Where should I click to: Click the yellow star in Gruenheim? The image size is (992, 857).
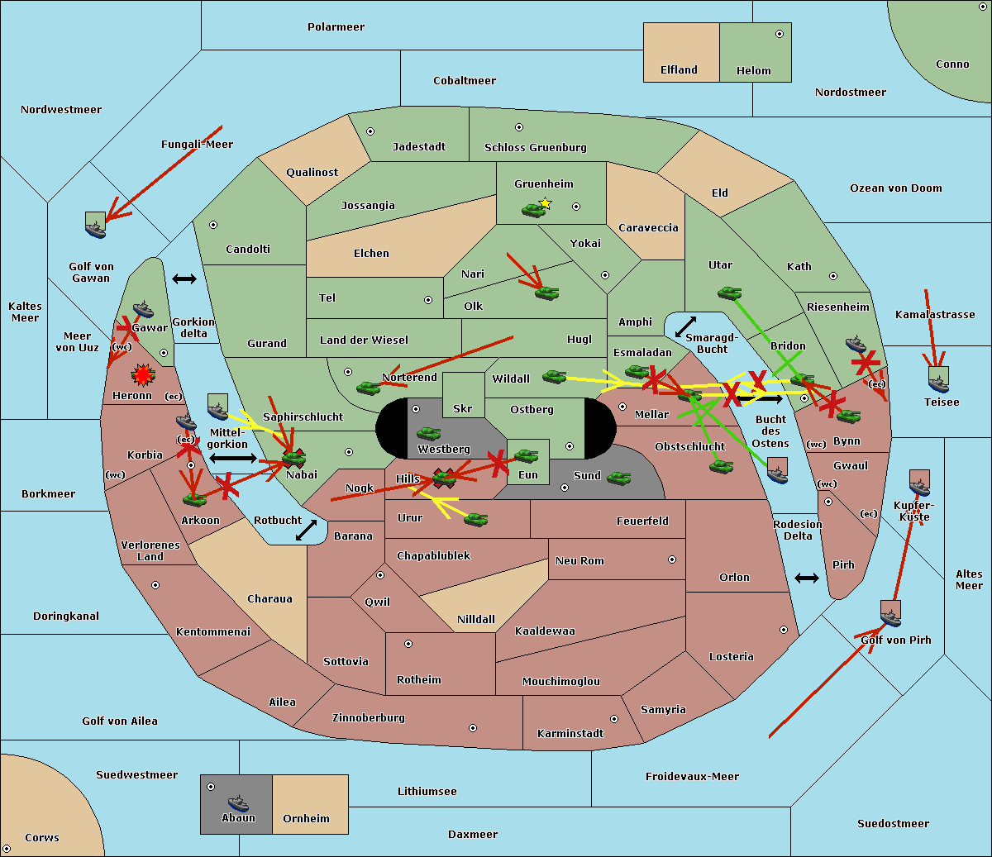point(545,202)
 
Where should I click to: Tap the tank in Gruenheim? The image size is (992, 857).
point(533,211)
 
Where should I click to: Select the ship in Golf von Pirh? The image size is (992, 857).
point(890,616)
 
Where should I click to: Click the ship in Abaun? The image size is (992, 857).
point(238,802)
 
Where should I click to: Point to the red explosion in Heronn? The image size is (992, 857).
point(143,376)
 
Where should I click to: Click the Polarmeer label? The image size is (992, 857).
point(336,27)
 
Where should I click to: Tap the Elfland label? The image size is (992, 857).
point(679,70)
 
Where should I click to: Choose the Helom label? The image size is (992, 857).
point(753,71)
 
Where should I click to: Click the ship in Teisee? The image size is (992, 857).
point(938,381)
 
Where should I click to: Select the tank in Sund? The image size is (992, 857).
point(618,478)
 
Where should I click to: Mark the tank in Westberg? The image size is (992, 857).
point(428,433)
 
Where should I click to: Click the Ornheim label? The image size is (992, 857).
point(306,819)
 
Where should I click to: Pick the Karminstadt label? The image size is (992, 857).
point(570,734)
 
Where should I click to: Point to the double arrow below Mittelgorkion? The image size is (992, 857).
point(232,458)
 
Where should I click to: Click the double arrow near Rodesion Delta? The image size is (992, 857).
point(806,578)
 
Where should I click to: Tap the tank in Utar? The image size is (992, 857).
point(729,293)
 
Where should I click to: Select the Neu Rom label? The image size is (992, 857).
point(579,561)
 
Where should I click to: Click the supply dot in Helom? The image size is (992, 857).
point(779,34)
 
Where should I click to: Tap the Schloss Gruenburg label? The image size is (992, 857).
point(535,148)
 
